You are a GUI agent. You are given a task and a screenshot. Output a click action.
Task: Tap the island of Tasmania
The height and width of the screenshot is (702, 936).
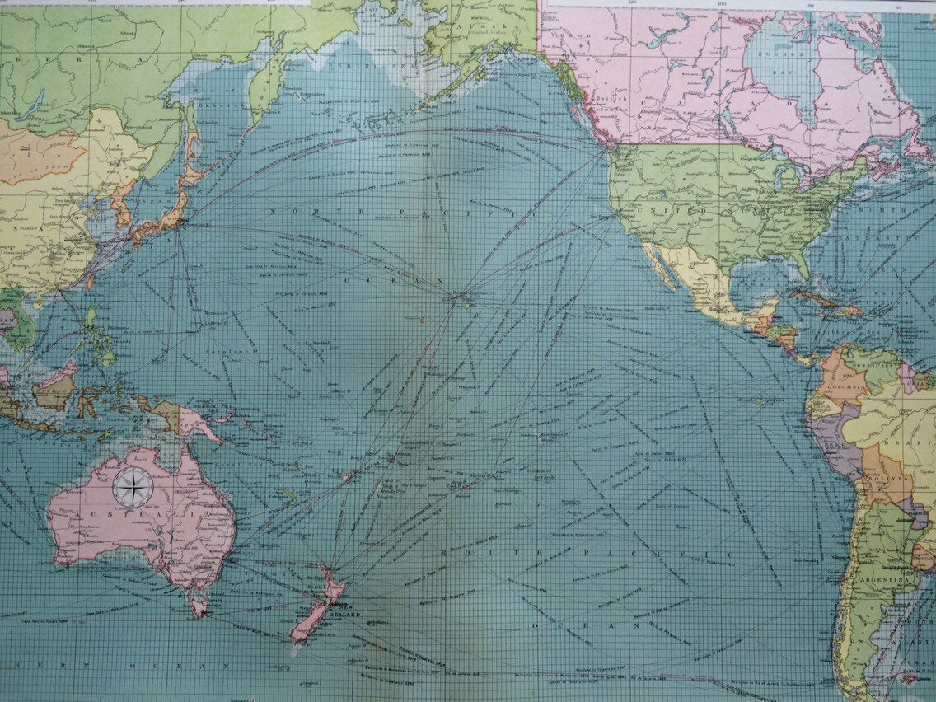tap(199, 607)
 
